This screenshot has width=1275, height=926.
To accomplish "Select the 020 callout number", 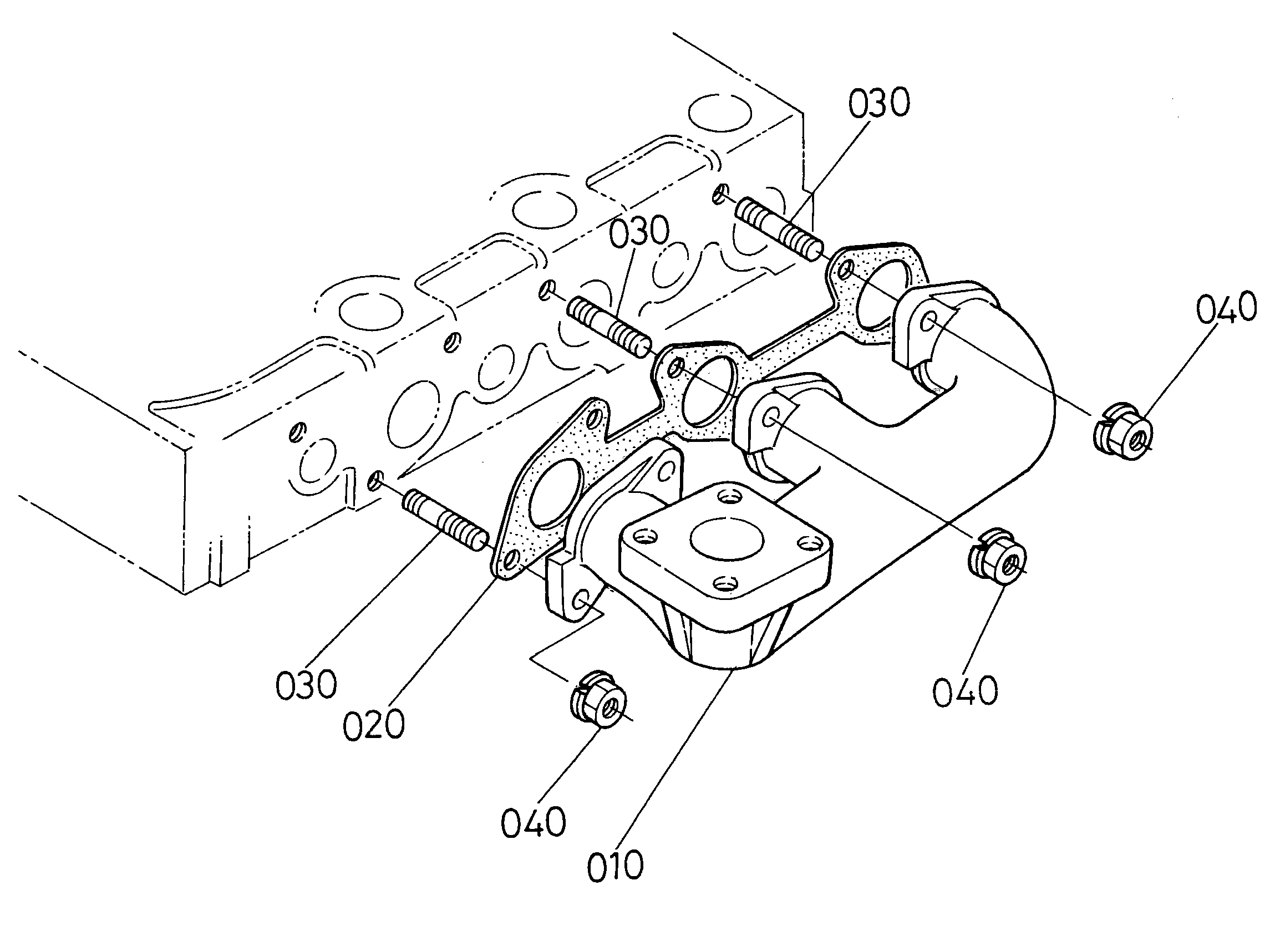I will (x=374, y=725).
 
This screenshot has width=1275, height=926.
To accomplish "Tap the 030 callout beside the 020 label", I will (x=306, y=684).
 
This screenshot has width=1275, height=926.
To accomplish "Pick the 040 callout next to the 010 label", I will (x=533, y=822).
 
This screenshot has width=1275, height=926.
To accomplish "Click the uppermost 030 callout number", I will (x=878, y=104).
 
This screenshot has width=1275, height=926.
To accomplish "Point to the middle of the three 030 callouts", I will (x=640, y=233).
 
